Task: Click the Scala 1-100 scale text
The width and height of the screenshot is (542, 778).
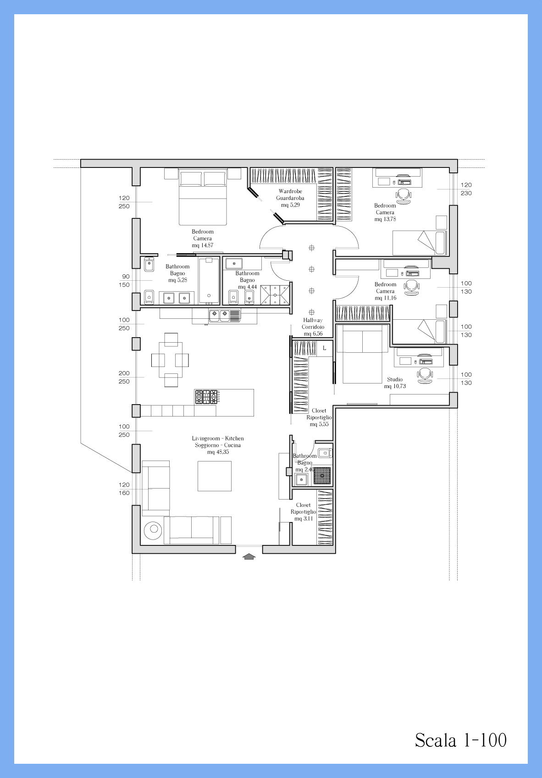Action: click(461, 740)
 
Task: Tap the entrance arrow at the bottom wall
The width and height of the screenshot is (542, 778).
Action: click(249, 557)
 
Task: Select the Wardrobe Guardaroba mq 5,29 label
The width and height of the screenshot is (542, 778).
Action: click(290, 198)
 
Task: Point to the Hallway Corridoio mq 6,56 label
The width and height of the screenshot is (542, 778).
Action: click(313, 327)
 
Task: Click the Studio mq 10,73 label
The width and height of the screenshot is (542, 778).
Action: click(395, 383)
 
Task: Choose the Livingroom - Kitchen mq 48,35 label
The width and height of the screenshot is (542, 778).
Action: click(218, 445)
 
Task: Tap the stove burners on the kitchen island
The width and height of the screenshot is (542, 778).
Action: click(206, 397)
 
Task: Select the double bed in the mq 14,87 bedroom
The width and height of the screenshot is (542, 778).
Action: click(203, 197)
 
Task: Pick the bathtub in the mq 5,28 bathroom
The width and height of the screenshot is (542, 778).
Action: click(209, 281)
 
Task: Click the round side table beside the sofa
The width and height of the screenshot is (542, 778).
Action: click(153, 530)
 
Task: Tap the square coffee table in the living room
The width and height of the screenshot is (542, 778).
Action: click(215, 476)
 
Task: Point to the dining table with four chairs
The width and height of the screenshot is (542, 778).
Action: click(170, 360)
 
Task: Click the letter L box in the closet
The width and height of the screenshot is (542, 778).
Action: click(325, 348)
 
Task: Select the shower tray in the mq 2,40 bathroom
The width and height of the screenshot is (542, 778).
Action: click(322, 476)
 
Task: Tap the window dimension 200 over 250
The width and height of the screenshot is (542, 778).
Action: click(124, 377)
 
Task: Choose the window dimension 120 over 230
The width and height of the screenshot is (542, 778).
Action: click(466, 189)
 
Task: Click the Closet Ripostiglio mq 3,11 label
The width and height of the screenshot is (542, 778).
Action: click(303, 511)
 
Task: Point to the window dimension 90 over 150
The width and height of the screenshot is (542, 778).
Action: click(126, 281)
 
